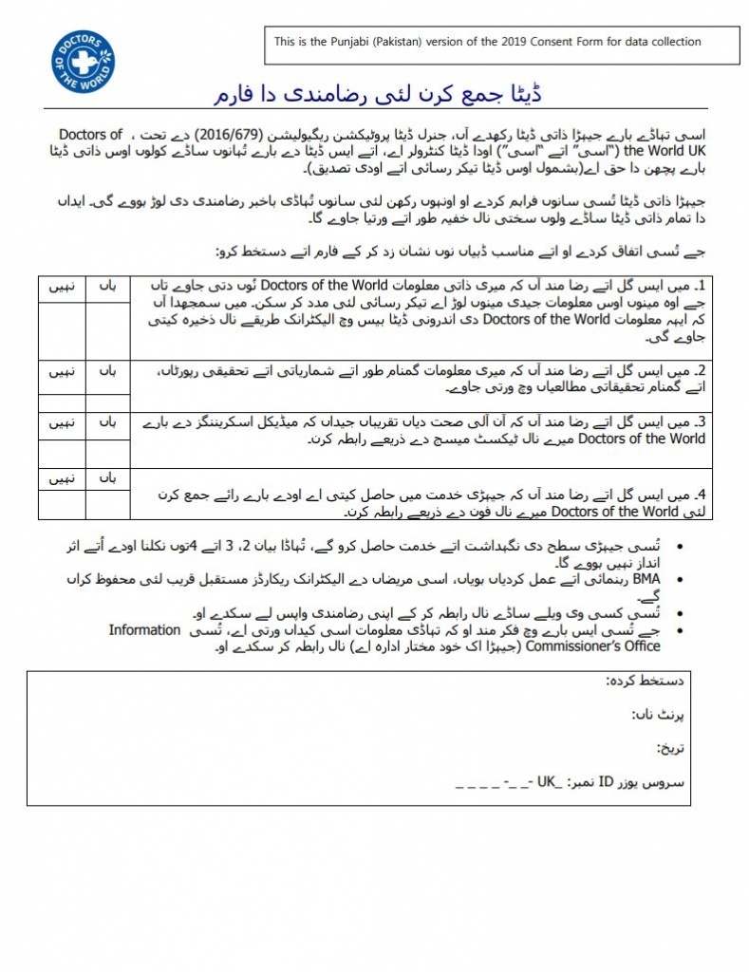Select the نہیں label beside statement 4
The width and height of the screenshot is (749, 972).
point(61,479)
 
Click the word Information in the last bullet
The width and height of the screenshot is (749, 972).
point(144,629)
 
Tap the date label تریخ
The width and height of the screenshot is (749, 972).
point(670,749)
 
